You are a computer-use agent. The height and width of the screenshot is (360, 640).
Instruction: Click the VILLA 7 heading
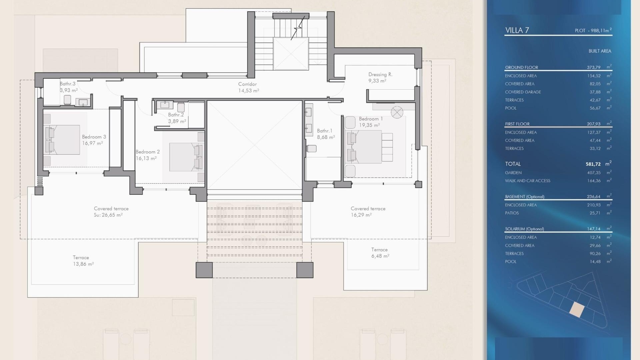(517, 30)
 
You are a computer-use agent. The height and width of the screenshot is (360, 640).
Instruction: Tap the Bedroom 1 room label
(371, 119)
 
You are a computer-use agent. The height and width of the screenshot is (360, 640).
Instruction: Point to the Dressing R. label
(380, 74)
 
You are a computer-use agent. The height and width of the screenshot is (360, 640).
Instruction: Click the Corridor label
(247, 84)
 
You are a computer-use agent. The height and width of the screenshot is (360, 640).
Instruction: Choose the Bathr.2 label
(176, 115)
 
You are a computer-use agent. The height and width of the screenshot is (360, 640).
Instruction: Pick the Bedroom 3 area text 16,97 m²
(92, 143)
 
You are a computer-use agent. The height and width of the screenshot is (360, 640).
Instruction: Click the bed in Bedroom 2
(186, 157)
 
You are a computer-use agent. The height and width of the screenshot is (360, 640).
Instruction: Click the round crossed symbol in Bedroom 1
(397, 112)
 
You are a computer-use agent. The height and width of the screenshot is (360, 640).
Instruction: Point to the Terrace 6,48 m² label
(380, 253)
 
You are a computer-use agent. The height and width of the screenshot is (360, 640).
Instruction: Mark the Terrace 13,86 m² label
(83, 261)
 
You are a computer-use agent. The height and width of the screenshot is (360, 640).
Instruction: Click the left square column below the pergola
(204, 270)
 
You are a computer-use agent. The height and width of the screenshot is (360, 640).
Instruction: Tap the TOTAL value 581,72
(593, 164)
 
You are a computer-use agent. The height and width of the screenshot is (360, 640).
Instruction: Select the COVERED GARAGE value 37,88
(595, 92)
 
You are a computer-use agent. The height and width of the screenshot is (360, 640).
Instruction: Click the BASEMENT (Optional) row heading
(525, 197)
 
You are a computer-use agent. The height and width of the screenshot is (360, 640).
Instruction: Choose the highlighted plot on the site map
(577, 310)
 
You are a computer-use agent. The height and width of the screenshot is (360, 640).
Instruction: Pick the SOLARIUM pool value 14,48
(595, 262)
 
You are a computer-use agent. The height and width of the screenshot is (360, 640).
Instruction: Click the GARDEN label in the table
(513, 173)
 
